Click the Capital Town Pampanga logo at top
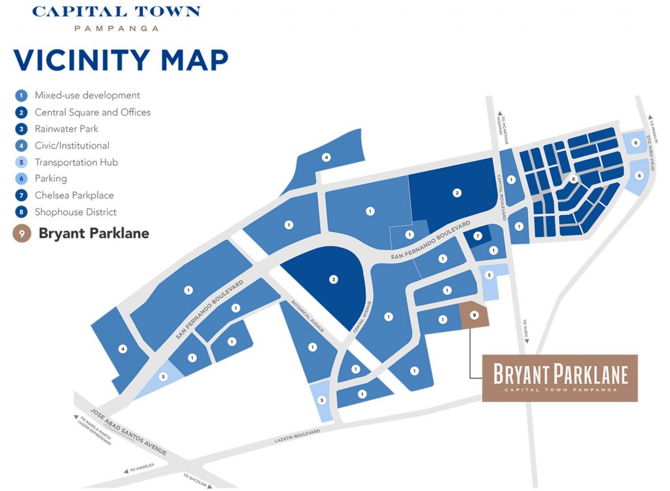click(116, 18)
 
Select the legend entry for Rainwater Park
click(66, 129)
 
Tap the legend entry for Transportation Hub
click(76, 162)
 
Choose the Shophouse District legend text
click(75, 212)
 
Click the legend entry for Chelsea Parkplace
click(74, 195)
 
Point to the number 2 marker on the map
click(457, 193)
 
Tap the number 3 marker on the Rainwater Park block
click(334, 280)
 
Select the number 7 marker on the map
click(478, 235)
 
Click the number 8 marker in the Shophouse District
click(573, 178)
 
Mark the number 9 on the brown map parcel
click(474, 315)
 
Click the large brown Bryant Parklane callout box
click(559, 378)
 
